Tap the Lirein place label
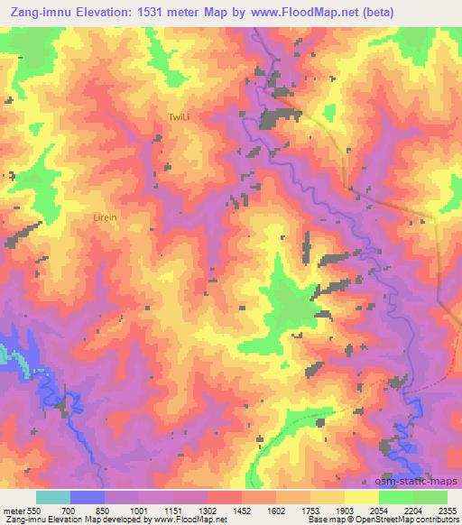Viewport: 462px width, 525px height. [106, 217]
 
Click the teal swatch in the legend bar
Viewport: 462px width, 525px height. [52, 497]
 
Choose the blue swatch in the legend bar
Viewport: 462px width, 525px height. [87, 497]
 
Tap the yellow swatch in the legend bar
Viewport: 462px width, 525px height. [362, 497]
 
